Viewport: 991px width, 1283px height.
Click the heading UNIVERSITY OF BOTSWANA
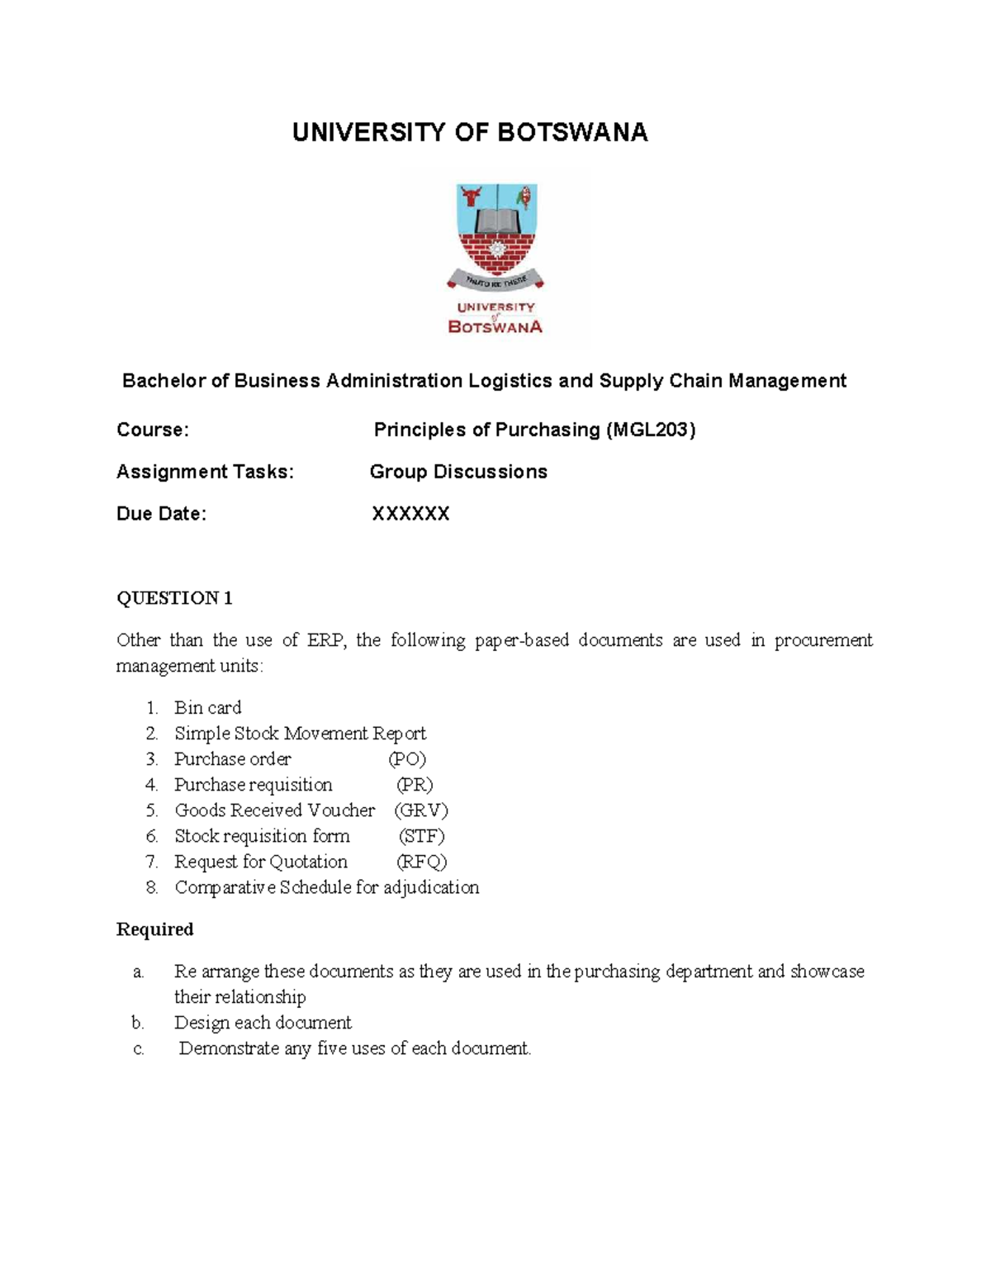click(470, 132)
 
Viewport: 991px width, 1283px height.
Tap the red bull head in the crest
click(472, 197)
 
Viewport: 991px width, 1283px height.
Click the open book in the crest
click(496, 221)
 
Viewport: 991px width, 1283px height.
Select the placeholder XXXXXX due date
click(410, 514)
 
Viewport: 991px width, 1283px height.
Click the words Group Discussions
click(458, 472)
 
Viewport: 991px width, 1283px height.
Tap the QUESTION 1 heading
click(174, 598)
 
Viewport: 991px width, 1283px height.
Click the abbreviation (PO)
click(407, 758)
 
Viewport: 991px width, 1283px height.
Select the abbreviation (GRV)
click(421, 810)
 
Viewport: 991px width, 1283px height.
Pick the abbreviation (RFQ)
click(421, 862)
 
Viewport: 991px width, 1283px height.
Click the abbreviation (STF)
click(421, 836)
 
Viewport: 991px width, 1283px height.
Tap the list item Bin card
click(207, 707)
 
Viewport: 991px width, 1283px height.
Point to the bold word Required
click(154, 929)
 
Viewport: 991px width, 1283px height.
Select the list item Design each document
click(263, 1023)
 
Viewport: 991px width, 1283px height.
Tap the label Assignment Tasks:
click(205, 472)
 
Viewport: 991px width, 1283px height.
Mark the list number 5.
click(151, 810)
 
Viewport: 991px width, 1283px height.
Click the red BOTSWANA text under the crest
click(495, 326)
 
